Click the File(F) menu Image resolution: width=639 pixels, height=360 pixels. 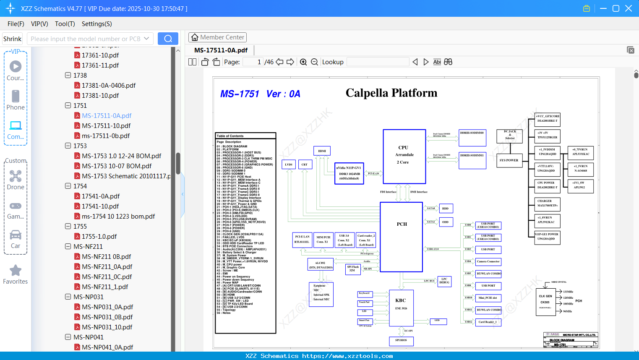[16, 24]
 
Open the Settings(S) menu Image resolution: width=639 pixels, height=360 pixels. [97, 24]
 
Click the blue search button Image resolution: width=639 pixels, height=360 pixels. [168, 39]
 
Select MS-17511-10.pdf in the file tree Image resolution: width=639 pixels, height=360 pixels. [106, 125]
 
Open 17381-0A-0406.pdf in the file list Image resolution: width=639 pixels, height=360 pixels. [109, 85]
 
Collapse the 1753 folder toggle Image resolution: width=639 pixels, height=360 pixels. [68, 146]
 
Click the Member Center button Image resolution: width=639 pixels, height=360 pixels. [217, 37]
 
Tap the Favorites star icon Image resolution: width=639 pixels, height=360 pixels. [16, 271]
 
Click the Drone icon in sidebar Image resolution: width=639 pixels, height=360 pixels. [16, 176]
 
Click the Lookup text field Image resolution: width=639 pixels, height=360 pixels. [378, 62]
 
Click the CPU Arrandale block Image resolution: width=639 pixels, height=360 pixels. [404, 156]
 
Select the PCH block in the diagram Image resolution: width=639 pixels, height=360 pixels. [402, 231]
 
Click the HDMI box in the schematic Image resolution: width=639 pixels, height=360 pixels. [322, 151]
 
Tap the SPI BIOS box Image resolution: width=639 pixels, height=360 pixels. [401, 340]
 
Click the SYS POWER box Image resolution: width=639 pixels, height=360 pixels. [509, 160]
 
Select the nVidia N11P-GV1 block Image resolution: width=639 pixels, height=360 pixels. [349, 173]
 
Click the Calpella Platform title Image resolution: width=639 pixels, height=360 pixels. [391, 93]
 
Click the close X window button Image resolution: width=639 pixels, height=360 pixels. [629, 8]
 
